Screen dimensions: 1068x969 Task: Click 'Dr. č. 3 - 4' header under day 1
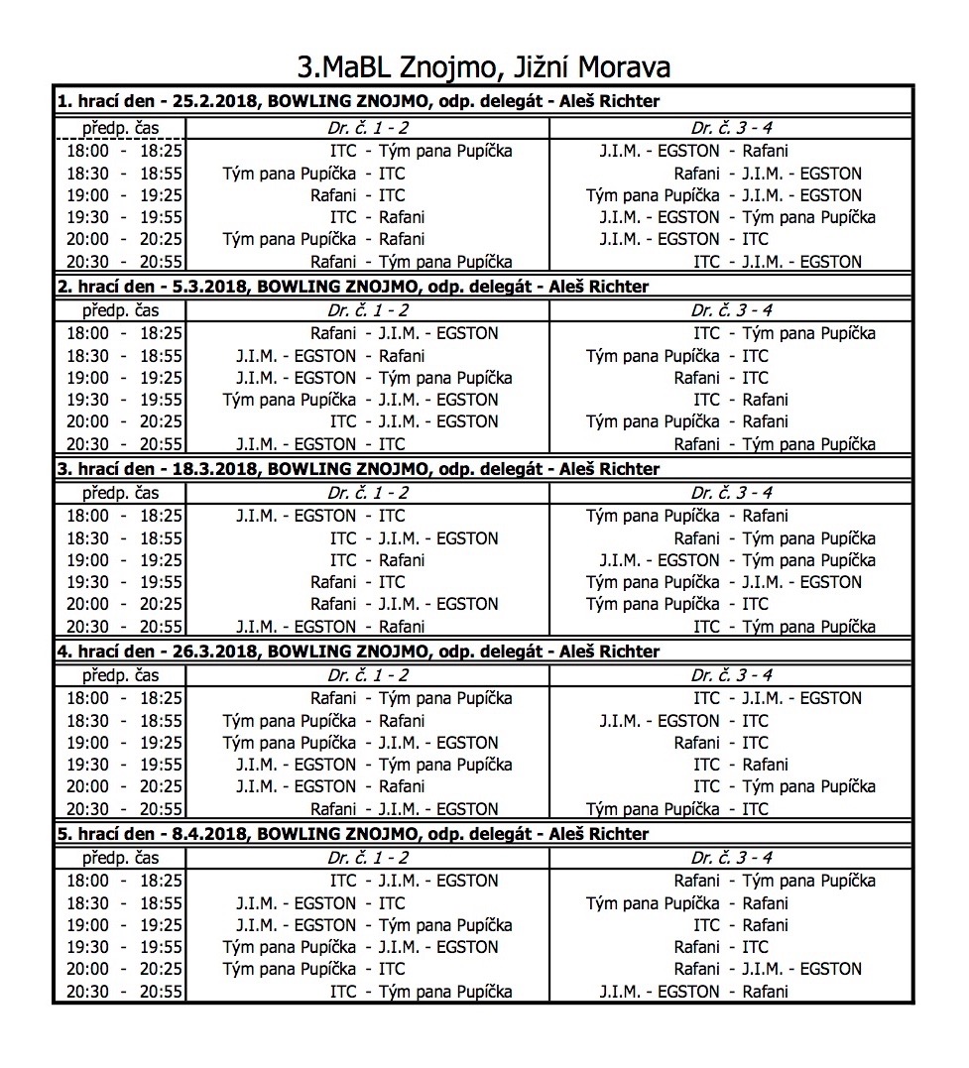coord(731,129)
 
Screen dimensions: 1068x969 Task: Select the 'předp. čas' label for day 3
coord(120,494)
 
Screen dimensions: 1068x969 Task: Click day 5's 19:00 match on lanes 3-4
coord(731,925)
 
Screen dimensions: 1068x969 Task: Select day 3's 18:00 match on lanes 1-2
coord(320,516)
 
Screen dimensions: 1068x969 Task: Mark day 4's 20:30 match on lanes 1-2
coord(405,809)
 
